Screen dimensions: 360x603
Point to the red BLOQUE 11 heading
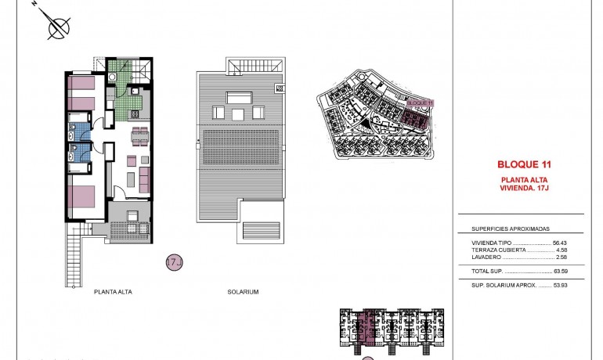pyautogui.click(x=524, y=165)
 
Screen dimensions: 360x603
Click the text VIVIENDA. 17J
pyautogui.click(x=524, y=187)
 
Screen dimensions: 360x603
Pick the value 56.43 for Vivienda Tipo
pyautogui.click(x=560, y=243)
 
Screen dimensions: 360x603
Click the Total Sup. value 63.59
pyautogui.click(x=560, y=271)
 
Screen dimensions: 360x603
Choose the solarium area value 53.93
pyautogui.click(x=560, y=285)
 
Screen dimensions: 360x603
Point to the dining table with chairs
pyautogui.click(x=139, y=137)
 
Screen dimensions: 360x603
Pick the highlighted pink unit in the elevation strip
pyautogui.click(x=367, y=326)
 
